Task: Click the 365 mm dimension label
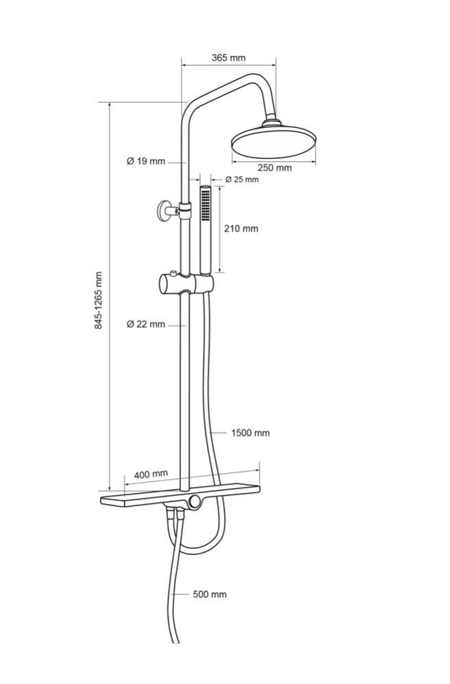(229, 58)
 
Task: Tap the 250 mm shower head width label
(275, 168)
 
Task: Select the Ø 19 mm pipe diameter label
(146, 162)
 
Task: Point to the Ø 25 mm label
(242, 179)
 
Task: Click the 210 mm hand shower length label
(241, 228)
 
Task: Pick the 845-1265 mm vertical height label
(99, 300)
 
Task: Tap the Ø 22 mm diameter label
(146, 324)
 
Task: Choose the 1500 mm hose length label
(250, 433)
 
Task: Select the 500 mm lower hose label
(210, 594)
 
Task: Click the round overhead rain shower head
(273, 141)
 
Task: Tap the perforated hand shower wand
(205, 230)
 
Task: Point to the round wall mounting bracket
(166, 211)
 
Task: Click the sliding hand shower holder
(186, 283)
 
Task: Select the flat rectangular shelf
(180, 495)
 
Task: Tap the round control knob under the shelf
(195, 502)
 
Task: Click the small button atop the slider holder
(174, 273)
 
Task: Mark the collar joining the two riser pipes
(185, 211)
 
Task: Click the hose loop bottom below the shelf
(199, 553)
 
